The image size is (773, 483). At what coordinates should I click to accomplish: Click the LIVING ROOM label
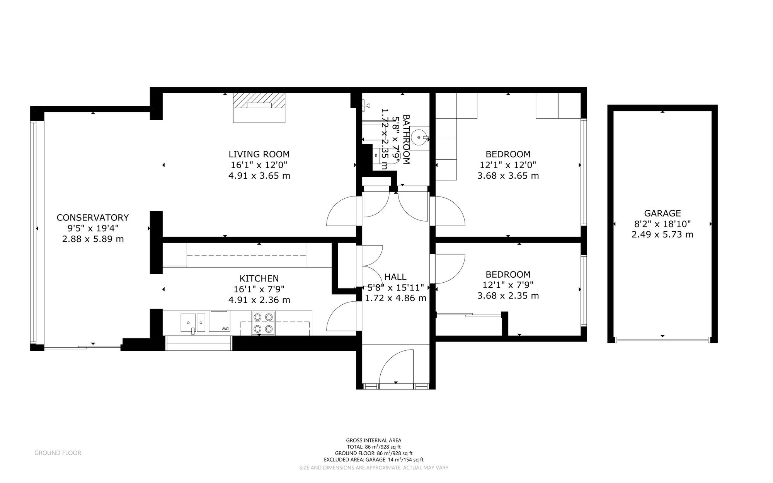point(259,154)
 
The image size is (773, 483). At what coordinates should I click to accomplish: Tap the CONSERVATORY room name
point(92,217)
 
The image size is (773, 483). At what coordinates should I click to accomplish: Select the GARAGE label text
point(662,213)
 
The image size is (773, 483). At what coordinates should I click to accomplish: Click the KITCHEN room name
point(259,278)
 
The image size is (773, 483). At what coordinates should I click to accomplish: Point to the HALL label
point(395,277)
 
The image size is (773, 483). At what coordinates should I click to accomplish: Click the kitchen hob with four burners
point(263,323)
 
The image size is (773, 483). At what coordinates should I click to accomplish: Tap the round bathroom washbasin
point(419,137)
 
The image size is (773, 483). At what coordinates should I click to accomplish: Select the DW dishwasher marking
point(225,329)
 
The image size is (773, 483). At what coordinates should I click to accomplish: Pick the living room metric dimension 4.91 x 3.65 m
point(259,176)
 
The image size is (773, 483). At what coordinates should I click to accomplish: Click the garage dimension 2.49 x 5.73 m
point(662,234)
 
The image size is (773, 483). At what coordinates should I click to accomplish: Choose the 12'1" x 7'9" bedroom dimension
point(508,285)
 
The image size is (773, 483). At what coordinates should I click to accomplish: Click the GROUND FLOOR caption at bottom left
point(58,453)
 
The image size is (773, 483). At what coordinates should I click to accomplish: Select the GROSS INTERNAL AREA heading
point(373,440)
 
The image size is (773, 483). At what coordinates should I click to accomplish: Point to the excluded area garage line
point(373,460)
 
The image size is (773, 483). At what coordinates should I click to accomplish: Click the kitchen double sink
point(193,323)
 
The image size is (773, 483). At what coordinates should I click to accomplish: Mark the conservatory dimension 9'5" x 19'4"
point(92,228)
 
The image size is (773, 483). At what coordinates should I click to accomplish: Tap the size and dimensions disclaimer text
point(373,468)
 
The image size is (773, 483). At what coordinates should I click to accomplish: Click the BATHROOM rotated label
point(406,139)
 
